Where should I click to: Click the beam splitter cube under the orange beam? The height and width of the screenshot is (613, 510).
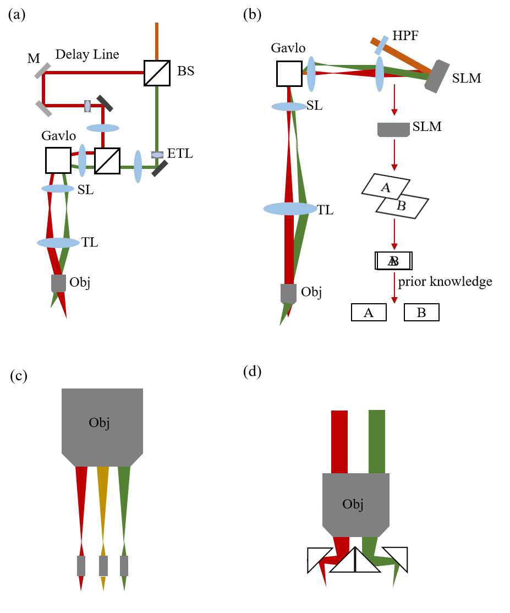pyautogui.click(x=157, y=73)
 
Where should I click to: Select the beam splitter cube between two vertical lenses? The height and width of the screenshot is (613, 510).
pyautogui.click(x=107, y=161)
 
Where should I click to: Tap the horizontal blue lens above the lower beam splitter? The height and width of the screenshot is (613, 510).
pyautogui.click(x=103, y=128)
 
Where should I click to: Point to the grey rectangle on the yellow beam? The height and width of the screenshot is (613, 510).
pyautogui.click(x=103, y=566)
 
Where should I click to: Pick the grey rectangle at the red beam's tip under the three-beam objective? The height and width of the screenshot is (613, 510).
pyautogui.click(x=81, y=566)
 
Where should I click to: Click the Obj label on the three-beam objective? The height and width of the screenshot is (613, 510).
pyautogui.click(x=99, y=423)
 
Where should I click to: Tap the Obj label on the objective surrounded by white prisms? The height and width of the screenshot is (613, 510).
pyautogui.click(x=353, y=504)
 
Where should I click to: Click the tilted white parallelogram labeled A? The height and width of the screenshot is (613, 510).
pyautogui.click(x=386, y=187)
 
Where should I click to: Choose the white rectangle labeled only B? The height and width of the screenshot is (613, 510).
pyautogui.click(x=421, y=313)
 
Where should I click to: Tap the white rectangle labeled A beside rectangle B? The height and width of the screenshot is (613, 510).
pyautogui.click(x=369, y=313)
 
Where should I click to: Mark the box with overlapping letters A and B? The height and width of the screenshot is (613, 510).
pyautogui.click(x=394, y=261)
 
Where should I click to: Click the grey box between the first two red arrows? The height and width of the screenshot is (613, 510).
pyautogui.click(x=393, y=130)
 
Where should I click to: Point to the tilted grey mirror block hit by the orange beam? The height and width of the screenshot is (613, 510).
pyautogui.click(x=437, y=76)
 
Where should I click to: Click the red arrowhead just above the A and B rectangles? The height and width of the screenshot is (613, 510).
pyautogui.click(x=394, y=300)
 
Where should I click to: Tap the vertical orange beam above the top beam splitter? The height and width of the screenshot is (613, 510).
pyautogui.click(x=157, y=41)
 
